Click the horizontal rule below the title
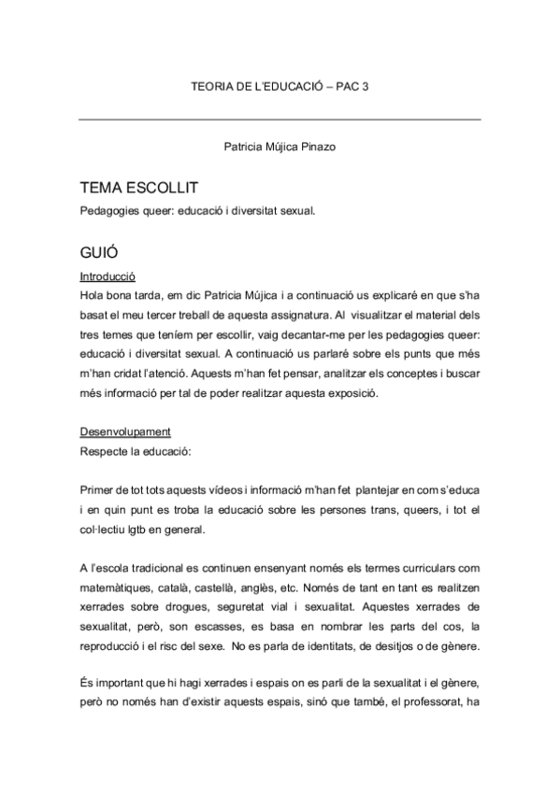pos(280,120)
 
